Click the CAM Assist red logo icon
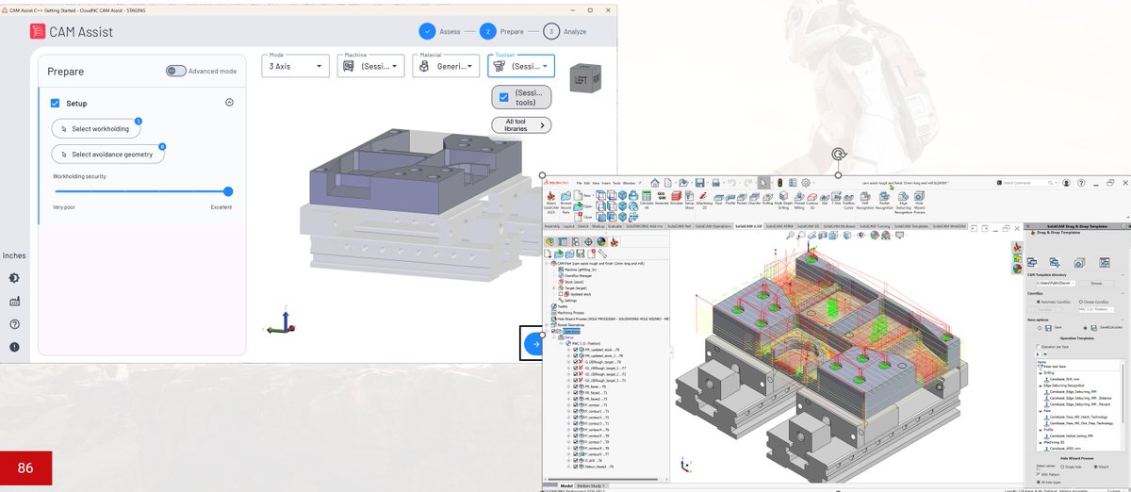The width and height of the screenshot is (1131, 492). pos(37,31)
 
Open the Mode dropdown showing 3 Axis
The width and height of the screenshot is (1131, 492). pos(295,66)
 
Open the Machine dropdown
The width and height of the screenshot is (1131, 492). pos(369,66)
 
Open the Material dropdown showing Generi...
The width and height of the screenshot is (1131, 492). pos(445,66)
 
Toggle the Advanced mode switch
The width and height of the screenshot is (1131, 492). pos(176,71)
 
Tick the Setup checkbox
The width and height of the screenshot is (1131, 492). pos(56,103)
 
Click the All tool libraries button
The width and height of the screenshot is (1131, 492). pos(521,125)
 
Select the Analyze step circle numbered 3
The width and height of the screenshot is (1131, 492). pos(550,31)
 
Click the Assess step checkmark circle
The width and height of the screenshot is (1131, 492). pos(427,31)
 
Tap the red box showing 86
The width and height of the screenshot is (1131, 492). pos(25,467)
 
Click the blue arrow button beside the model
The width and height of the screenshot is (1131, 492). pos(534,344)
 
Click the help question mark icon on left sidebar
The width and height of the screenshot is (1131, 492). pos(15,324)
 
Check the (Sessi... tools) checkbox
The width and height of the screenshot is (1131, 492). pos(504,97)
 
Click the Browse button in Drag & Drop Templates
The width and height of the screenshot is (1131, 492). pos(1096,282)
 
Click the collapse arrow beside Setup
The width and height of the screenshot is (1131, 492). pos(229,103)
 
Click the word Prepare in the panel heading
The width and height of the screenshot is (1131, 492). pos(65,72)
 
